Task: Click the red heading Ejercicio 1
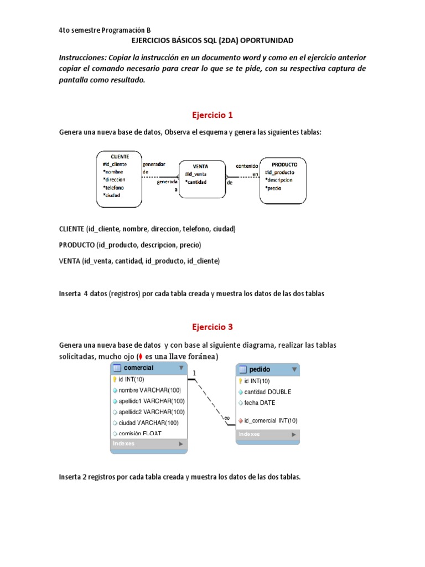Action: pyautogui.click(x=212, y=115)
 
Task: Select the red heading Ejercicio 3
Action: pyautogui.click(x=212, y=327)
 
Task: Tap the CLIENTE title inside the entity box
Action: pyautogui.click(x=120, y=157)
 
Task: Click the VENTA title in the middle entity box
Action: pyautogui.click(x=200, y=166)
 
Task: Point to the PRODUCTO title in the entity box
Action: pyautogui.click(x=284, y=164)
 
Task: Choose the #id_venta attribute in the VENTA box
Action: pyautogui.click(x=198, y=174)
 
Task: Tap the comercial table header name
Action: pyautogui.click(x=138, y=368)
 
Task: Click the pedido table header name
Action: pyautogui.click(x=260, y=369)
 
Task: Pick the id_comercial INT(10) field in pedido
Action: pyautogui.click(x=271, y=421)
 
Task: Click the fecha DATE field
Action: pyautogui.click(x=260, y=403)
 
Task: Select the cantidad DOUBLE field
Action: pyautogui.click(x=267, y=391)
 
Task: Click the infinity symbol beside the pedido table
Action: pyautogui.click(x=227, y=419)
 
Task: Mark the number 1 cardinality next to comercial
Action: pyautogui.click(x=194, y=373)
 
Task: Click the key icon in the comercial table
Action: pyautogui.click(x=115, y=379)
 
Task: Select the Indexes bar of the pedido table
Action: pyautogui.click(x=268, y=435)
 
